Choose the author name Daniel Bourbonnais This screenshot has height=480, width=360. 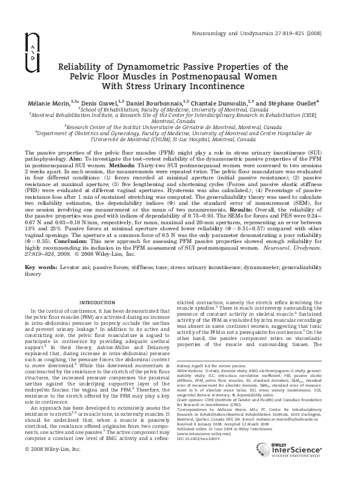[x=153, y=104]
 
